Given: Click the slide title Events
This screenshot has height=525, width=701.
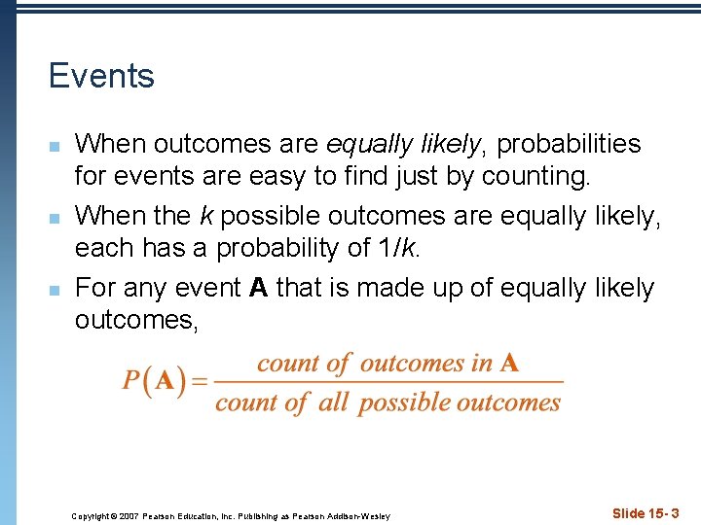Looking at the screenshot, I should tap(101, 76).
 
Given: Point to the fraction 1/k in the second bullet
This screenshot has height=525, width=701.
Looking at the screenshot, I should tap(394, 248).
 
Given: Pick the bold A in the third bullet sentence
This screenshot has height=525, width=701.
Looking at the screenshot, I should tap(258, 287).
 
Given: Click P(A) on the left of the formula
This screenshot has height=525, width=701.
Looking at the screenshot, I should tap(154, 380).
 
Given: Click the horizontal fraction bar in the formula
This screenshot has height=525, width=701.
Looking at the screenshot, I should tap(388, 382).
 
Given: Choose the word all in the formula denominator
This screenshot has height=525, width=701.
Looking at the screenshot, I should tap(334, 402).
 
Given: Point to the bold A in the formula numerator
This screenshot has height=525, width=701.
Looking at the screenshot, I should tap(509, 364).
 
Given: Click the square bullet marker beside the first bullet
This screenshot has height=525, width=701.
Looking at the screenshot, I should tap(55, 146).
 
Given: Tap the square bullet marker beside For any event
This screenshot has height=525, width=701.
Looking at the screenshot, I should tap(55, 290).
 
